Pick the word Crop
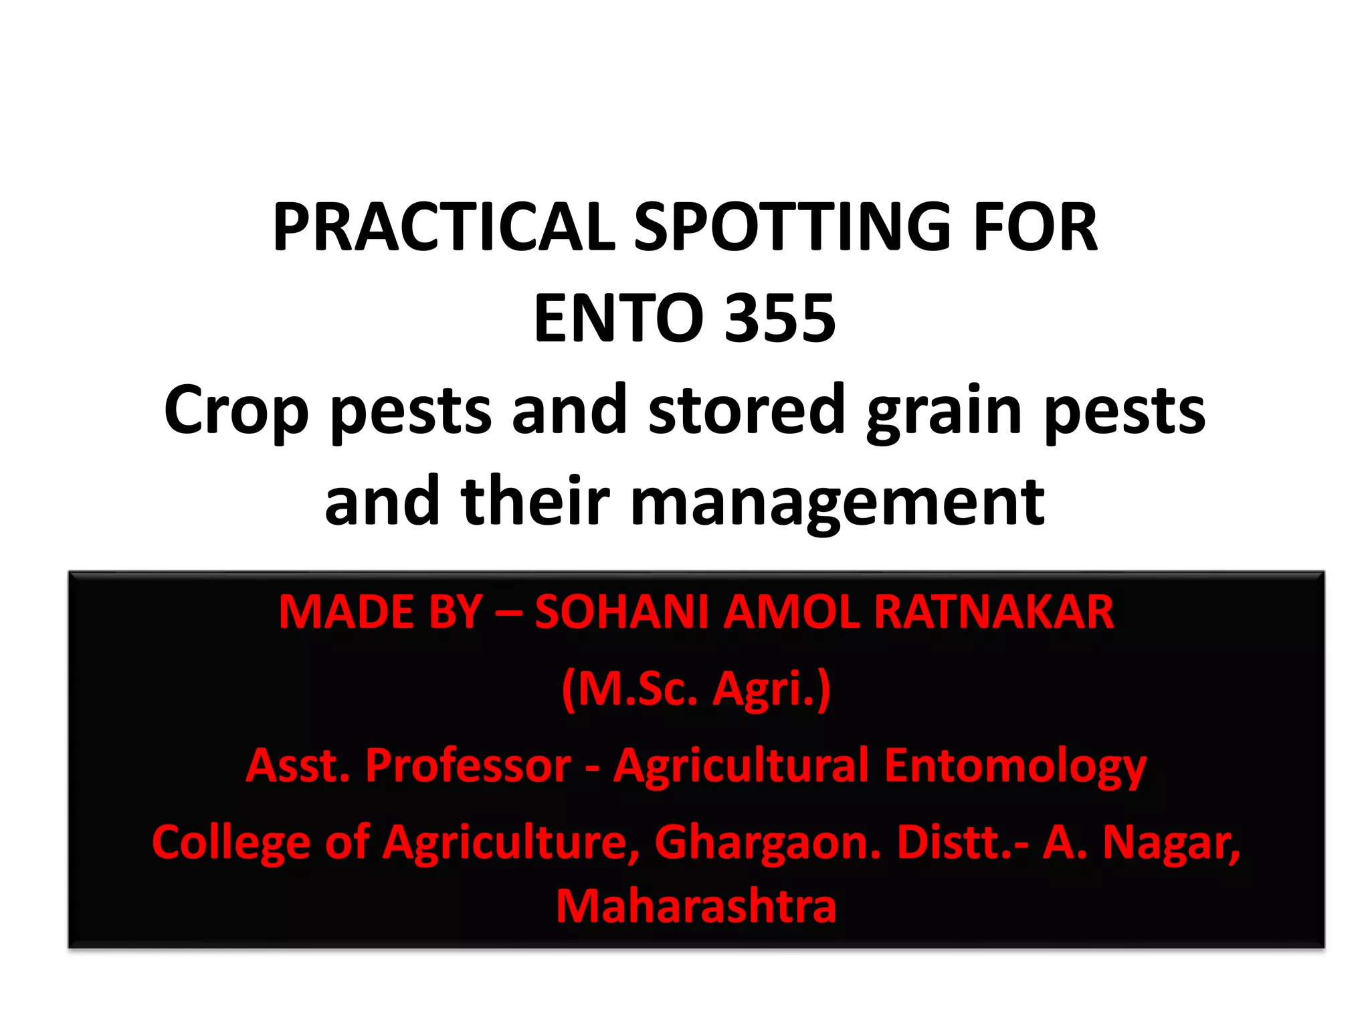[236, 410]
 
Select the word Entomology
[1015, 766]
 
